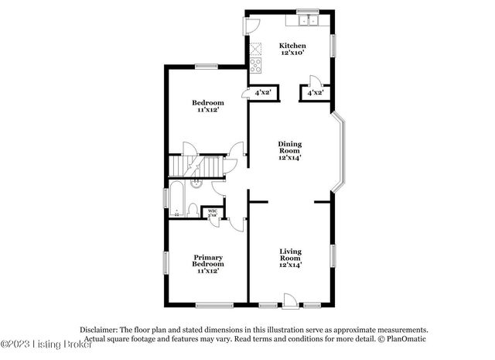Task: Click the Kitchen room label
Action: coord(294,46)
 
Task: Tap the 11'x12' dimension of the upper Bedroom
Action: coord(208,110)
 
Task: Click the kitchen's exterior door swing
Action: coord(252,25)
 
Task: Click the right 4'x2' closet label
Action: coord(315,93)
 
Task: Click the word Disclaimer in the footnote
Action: coord(98,329)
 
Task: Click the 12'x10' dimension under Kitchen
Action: coord(294,53)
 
